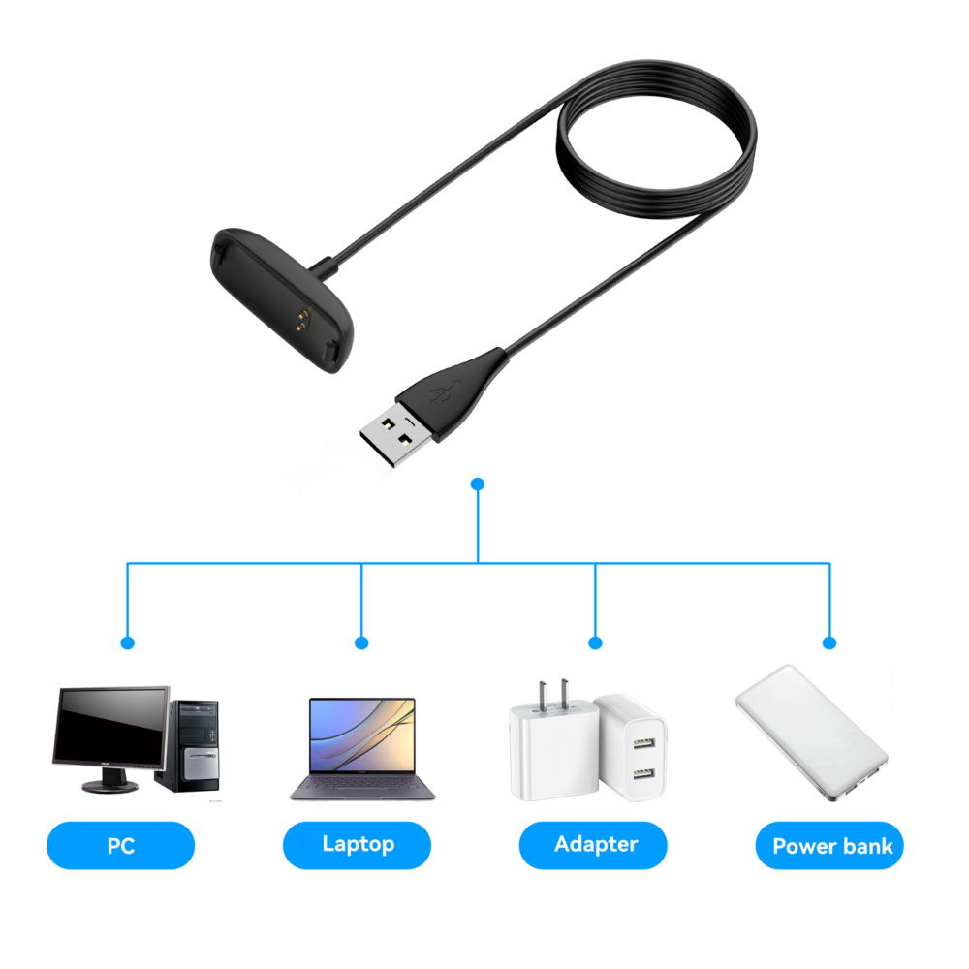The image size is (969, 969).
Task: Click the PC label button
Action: tap(120, 845)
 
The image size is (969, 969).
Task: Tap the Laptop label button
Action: tap(357, 844)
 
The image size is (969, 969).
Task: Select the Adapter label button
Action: tap(593, 844)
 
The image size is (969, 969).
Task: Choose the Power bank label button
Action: tap(830, 845)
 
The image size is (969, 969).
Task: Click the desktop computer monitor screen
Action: tap(109, 727)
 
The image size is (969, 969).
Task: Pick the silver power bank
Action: tap(811, 732)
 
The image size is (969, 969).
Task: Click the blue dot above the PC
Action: tap(127, 642)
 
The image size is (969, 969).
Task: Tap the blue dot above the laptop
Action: tap(361, 642)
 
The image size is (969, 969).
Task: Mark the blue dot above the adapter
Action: tap(595, 642)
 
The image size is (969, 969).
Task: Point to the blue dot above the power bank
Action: tap(829, 642)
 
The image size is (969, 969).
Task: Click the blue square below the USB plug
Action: tap(477, 483)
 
